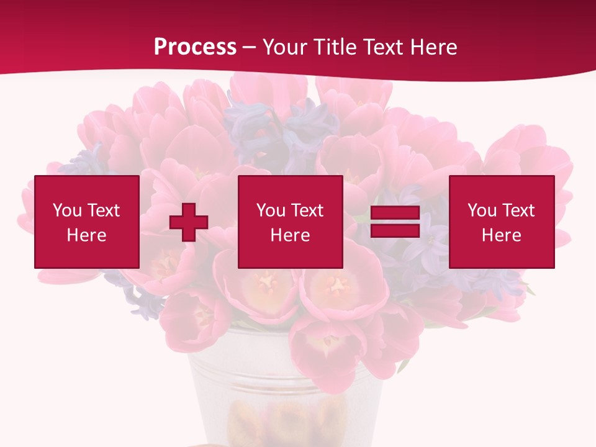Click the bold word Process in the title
tap(195, 47)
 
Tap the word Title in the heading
tap(336, 47)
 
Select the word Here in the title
tap(433, 47)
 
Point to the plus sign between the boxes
tap(188, 222)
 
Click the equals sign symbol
tap(395, 222)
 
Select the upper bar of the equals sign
tap(395, 213)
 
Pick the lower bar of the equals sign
tap(395, 230)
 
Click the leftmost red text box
tap(86, 222)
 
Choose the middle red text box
tap(290, 222)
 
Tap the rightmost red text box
tap(501, 222)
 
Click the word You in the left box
tap(67, 210)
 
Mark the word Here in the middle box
tap(290, 235)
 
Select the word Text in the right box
tap(518, 210)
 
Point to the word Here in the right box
tap(501, 235)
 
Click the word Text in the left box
tap(103, 210)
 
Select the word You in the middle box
tap(271, 210)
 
